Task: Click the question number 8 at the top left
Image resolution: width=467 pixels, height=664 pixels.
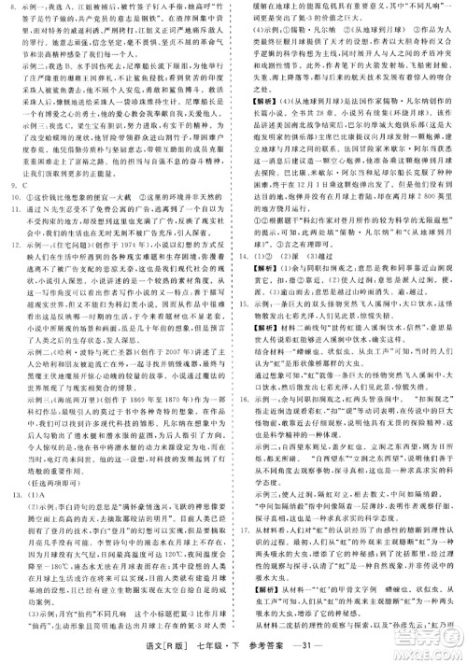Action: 10,7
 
